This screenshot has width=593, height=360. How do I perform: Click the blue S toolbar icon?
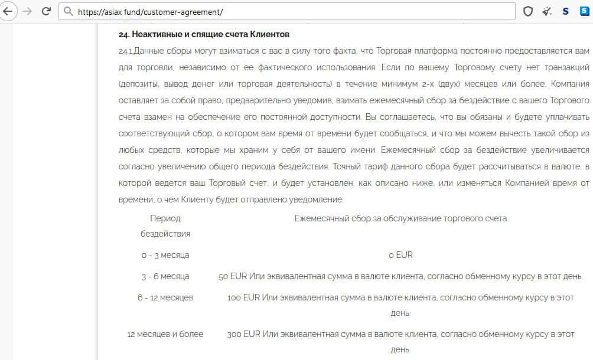point(565,11)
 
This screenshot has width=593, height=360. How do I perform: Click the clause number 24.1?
point(126,51)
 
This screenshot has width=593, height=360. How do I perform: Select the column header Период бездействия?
point(165,225)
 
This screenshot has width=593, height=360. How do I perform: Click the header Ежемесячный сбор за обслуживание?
point(400,218)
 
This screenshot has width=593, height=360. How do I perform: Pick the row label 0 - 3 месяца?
point(165,255)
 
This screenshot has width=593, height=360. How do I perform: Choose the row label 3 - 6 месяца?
point(165,276)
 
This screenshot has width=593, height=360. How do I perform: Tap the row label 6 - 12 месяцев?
point(165,297)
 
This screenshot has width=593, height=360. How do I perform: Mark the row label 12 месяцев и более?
point(165,334)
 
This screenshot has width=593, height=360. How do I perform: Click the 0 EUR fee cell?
point(400,255)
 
